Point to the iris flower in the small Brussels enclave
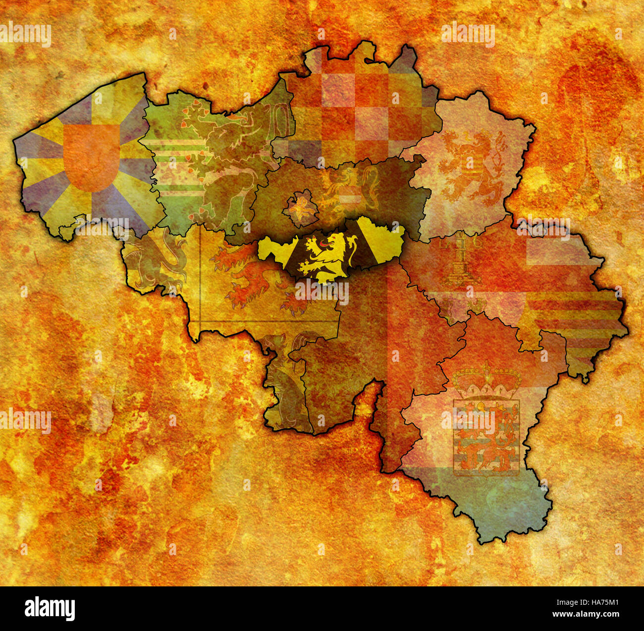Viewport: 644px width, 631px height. click(x=300, y=208)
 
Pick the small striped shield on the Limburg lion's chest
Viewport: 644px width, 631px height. click(x=469, y=163)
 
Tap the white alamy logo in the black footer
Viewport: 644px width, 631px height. click(x=50, y=608)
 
